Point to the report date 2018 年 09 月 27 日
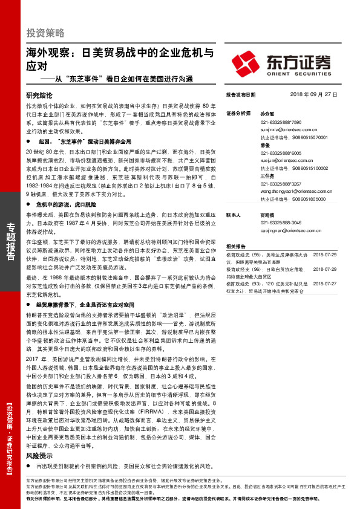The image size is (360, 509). pyautogui.click(x=313, y=96)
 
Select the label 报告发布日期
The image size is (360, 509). pyautogui.click(x=240, y=96)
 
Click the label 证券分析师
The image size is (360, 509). pyautogui.click(x=238, y=114)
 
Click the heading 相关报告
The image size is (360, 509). pyautogui.click(x=235, y=246)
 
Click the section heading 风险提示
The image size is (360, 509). pyautogui.click(x=40, y=456)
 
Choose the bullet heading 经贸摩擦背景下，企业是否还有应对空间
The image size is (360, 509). pyautogui.click(x=89, y=305)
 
